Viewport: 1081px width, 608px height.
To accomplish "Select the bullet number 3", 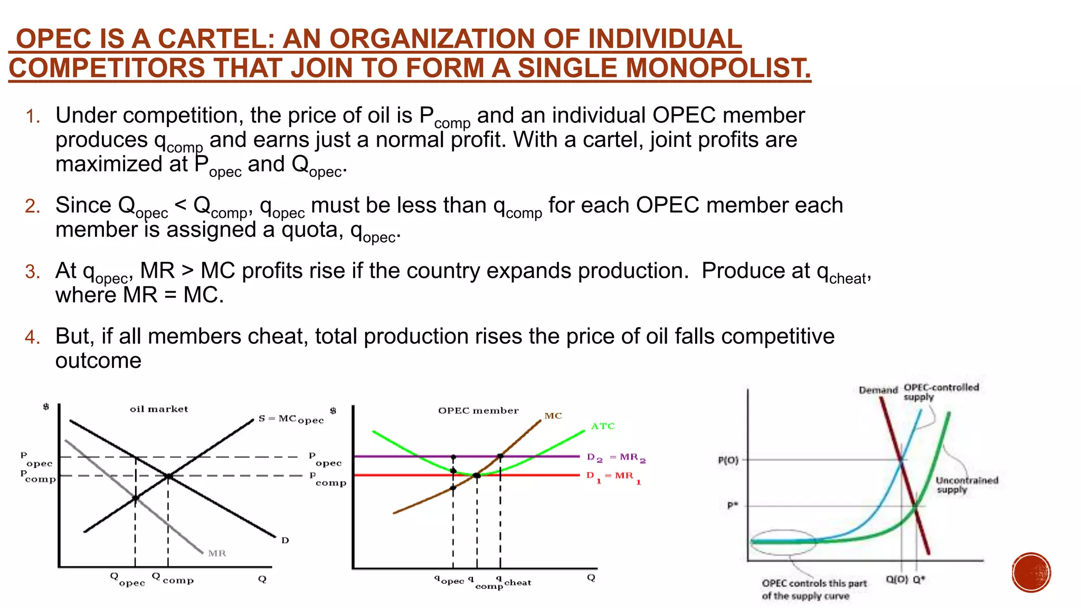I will [32, 272].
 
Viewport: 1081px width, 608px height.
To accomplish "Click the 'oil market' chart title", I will [159, 409].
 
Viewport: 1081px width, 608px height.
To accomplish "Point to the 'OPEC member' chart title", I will [478, 411].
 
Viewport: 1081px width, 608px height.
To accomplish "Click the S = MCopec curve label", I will [291, 419].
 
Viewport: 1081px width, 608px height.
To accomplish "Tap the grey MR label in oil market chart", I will [217, 553].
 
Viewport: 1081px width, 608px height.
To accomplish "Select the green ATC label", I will [603, 426].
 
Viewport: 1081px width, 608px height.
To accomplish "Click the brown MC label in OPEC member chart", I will [553, 416].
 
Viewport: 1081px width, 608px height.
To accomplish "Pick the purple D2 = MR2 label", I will [616, 458].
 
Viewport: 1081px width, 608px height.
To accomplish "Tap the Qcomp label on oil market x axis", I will [173, 578].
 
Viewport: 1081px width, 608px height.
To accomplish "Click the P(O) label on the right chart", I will [728, 460].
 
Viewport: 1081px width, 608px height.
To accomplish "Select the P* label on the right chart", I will [732, 506].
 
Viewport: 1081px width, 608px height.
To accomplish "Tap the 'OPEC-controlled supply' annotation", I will [941, 392].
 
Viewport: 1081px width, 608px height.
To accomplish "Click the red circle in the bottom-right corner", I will [1031, 573].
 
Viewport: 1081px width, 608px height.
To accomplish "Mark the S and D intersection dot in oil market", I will [168, 476].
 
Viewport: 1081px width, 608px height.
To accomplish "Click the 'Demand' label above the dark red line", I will [878, 390].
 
